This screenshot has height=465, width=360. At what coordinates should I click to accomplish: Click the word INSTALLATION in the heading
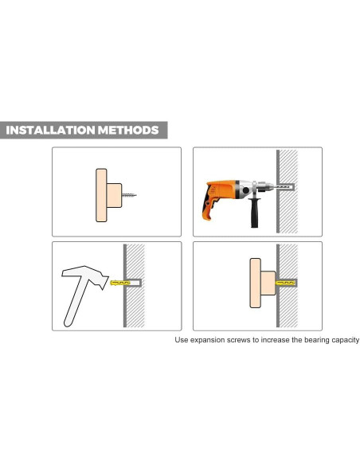(x=50, y=131)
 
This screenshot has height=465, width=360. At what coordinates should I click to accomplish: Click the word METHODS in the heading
(x=128, y=131)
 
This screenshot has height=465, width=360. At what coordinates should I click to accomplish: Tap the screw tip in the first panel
(x=135, y=195)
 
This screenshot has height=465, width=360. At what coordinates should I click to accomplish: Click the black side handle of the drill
(x=254, y=213)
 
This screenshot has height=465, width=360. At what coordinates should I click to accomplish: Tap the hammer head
(x=86, y=275)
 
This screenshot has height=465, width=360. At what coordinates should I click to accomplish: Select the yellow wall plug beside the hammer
(x=120, y=283)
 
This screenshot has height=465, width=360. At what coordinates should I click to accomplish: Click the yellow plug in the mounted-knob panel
(x=285, y=283)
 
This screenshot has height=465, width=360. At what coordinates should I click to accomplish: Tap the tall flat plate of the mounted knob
(x=255, y=283)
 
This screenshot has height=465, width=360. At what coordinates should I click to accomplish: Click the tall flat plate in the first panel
(x=101, y=195)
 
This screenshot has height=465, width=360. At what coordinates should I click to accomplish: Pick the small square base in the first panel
(x=114, y=195)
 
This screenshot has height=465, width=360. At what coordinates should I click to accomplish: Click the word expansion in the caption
(x=208, y=340)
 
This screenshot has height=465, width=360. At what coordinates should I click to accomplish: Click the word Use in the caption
(x=181, y=340)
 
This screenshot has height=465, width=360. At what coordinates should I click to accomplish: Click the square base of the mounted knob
(x=268, y=283)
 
